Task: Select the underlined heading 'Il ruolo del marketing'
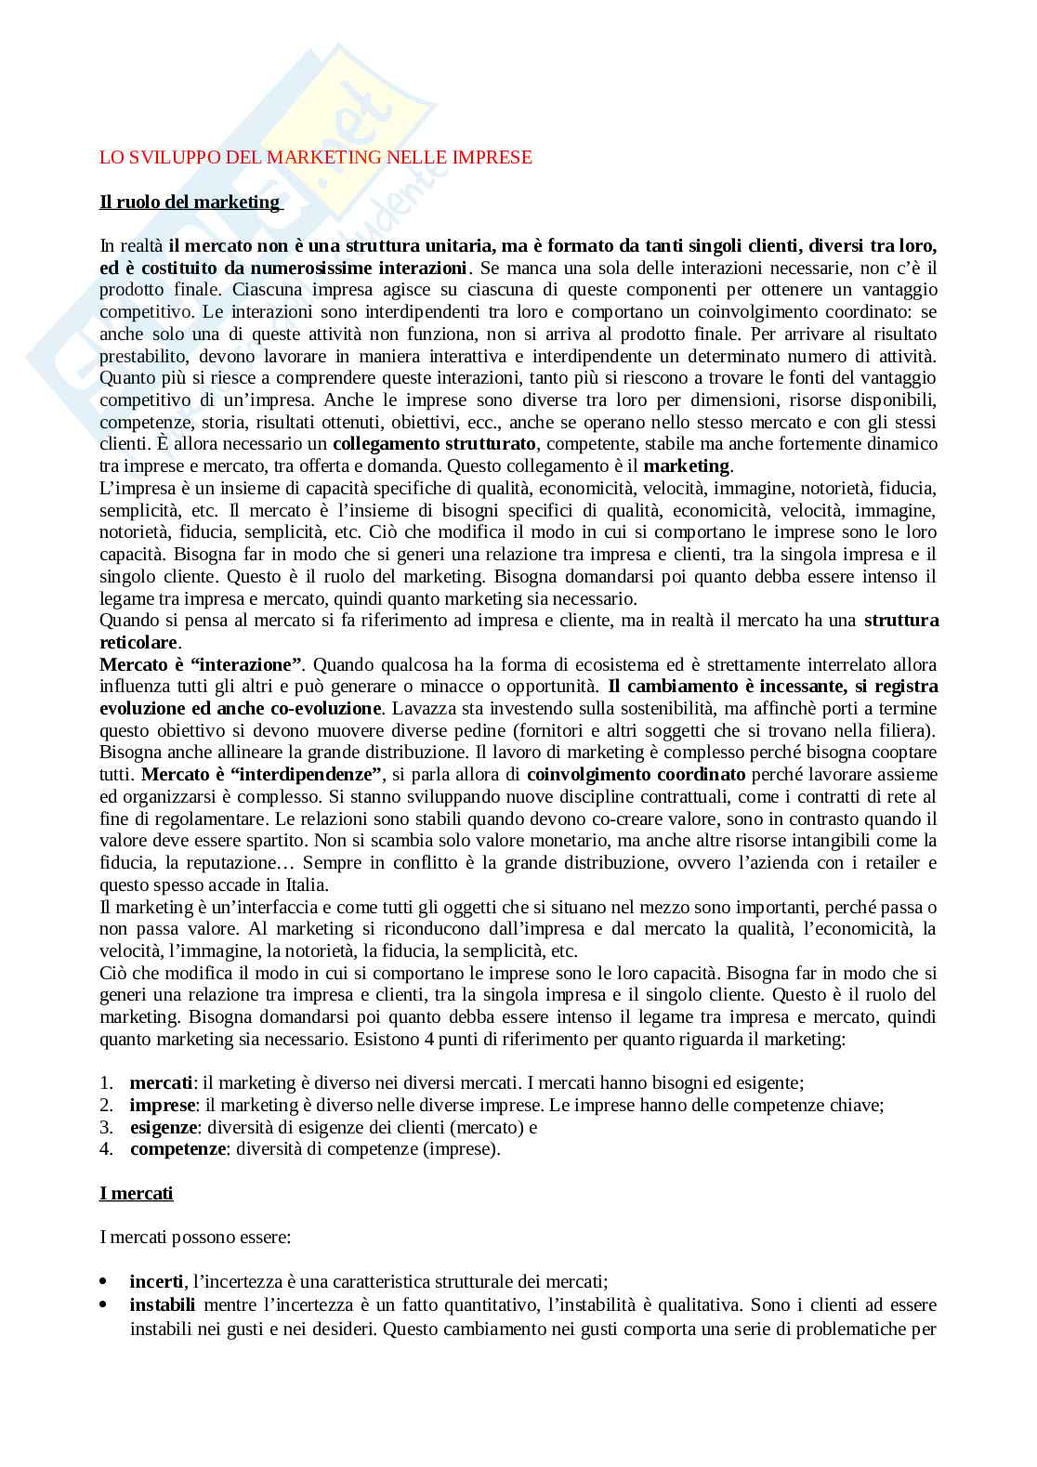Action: pyautogui.click(x=190, y=202)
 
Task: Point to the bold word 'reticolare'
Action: pyautogui.click(x=138, y=642)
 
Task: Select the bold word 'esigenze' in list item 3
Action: pyautogui.click(x=164, y=1127)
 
